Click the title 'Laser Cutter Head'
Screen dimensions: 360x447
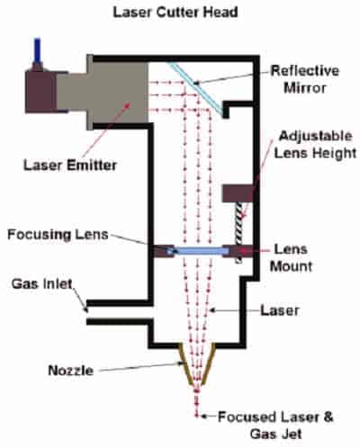click(175, 13)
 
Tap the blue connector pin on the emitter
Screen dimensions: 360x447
click(37, 50)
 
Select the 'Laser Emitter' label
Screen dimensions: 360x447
click(70, 165)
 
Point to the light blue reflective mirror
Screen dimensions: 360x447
click(197, 88)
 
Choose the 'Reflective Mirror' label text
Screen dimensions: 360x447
click(305, 79)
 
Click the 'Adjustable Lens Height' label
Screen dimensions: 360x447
click(315, 145)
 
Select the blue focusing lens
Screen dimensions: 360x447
click(198, 251)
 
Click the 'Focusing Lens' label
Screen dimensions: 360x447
click(58, 235)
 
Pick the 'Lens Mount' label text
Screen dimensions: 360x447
click(291, 257)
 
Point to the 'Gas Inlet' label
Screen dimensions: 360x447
click(42, 284)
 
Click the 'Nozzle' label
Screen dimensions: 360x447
click(71, 371)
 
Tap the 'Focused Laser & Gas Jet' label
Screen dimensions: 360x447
click(275, 425)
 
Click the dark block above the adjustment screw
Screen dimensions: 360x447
click(238, 193)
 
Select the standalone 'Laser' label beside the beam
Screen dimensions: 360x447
click(280, 310)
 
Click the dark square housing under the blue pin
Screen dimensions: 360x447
click(41, 92)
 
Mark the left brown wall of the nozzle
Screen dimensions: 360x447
click(185, 363)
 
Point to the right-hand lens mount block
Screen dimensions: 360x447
click(238, 251)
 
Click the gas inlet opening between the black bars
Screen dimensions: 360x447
click(120, 312)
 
